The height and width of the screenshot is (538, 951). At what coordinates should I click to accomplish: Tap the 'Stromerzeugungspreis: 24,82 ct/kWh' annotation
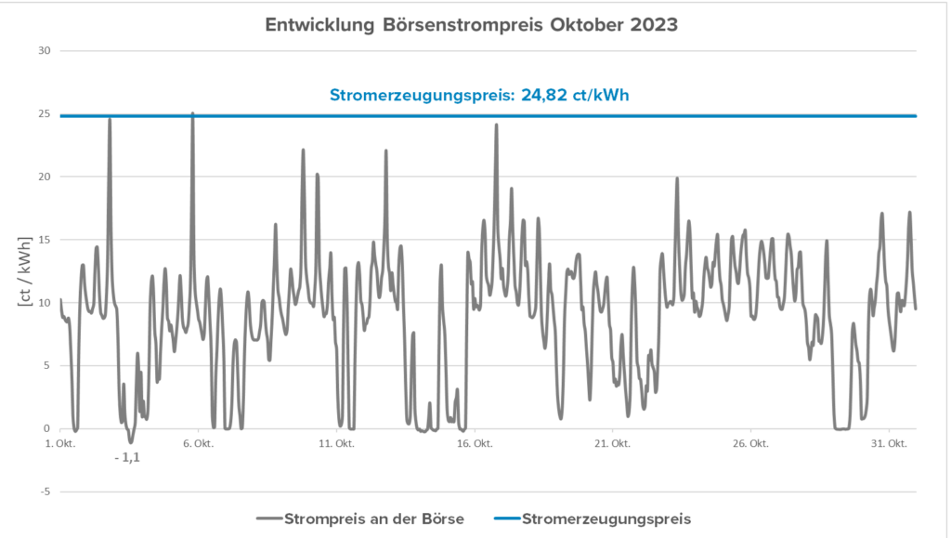(x=486, y=95)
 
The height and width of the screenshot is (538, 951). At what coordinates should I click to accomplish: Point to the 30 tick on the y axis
(x=43, y=50)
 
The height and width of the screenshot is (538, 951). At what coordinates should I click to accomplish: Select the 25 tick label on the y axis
(x=43, y=113)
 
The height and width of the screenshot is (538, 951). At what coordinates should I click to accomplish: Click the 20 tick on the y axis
(x=43, y=177)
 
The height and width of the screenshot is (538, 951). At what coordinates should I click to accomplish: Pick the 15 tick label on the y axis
(x=43, y=240)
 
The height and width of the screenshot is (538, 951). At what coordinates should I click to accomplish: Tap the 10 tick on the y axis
(x=43, y=303)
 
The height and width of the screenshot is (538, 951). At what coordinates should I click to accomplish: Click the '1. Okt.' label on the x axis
(x=59, y=444)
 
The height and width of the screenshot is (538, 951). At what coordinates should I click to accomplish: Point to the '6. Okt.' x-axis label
(x=198, y=444)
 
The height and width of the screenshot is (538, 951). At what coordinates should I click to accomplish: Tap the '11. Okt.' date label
(x=336, y=444)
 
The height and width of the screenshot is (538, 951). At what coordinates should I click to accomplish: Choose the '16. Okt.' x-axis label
(x=475, y=444)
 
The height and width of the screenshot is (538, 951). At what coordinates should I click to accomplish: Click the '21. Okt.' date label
(x=613, y=444)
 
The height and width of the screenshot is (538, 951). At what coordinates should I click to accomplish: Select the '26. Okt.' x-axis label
(x=751, y=444)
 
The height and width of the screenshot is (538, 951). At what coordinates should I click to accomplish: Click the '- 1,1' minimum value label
(x=126, y=457)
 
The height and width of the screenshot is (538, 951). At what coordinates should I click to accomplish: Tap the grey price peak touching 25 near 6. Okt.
(x=192, y=116)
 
